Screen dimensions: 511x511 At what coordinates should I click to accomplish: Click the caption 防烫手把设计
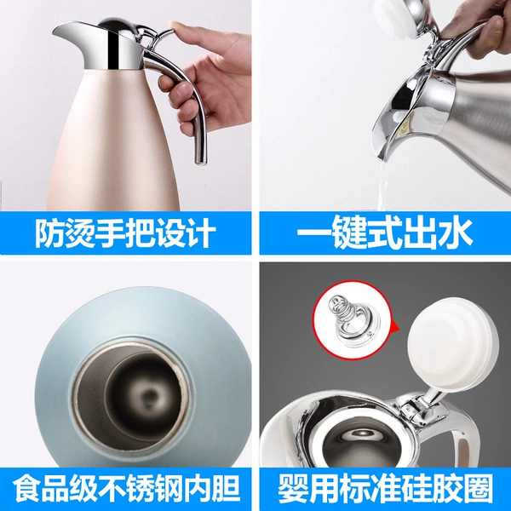[125, 233]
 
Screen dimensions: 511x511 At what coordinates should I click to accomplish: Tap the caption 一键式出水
[385, 233]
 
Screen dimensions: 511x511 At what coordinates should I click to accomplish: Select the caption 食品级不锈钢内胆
[126, 489]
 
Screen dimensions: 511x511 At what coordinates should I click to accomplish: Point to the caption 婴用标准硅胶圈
[385, 489]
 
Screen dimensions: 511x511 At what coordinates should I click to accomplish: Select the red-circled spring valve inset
[352, 320]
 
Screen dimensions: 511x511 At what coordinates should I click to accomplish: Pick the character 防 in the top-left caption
[49, 233]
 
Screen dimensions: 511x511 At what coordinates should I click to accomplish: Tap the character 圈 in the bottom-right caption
[479, 489]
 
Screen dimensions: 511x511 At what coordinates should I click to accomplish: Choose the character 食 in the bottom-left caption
[27, 489]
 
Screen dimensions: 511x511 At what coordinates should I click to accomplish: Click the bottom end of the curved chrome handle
[201, 160]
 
